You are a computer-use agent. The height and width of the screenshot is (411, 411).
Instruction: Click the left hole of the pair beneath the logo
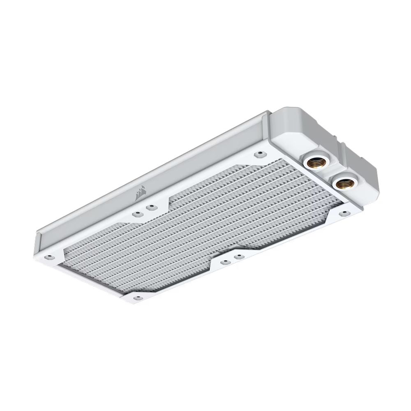(x=136, y=214)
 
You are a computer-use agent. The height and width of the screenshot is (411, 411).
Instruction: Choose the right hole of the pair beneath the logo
(x=152, y=206)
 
